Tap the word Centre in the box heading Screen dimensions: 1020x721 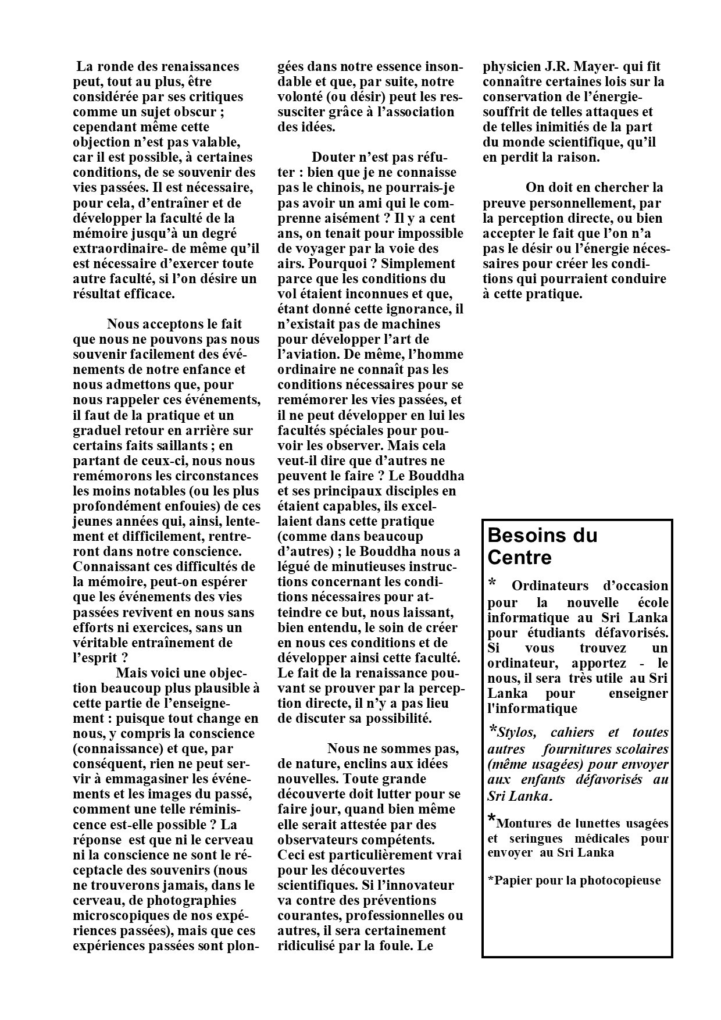(x=519, y=557)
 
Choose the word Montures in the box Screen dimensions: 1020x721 (x=523, y=823)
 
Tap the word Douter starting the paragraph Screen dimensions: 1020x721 (x=335, y=157)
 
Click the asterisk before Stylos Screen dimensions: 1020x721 (x=492, y=730)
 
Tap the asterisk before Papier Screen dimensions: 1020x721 (x=491, y=880)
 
